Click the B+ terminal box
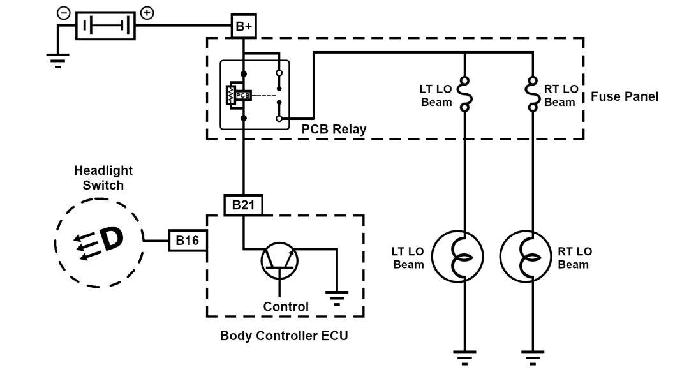(243, 26)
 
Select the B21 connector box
(243, 205)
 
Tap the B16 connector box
(187, 241)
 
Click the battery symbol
(106, 27)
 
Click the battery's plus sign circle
(147, 13)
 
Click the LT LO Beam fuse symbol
(464, 94)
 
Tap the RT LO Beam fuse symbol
(532, 94)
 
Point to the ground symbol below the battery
(58, 61)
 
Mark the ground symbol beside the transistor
(336, 297)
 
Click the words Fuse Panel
(625, 97)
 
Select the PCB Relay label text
(334, 130)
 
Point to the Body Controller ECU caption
(284, 335)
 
